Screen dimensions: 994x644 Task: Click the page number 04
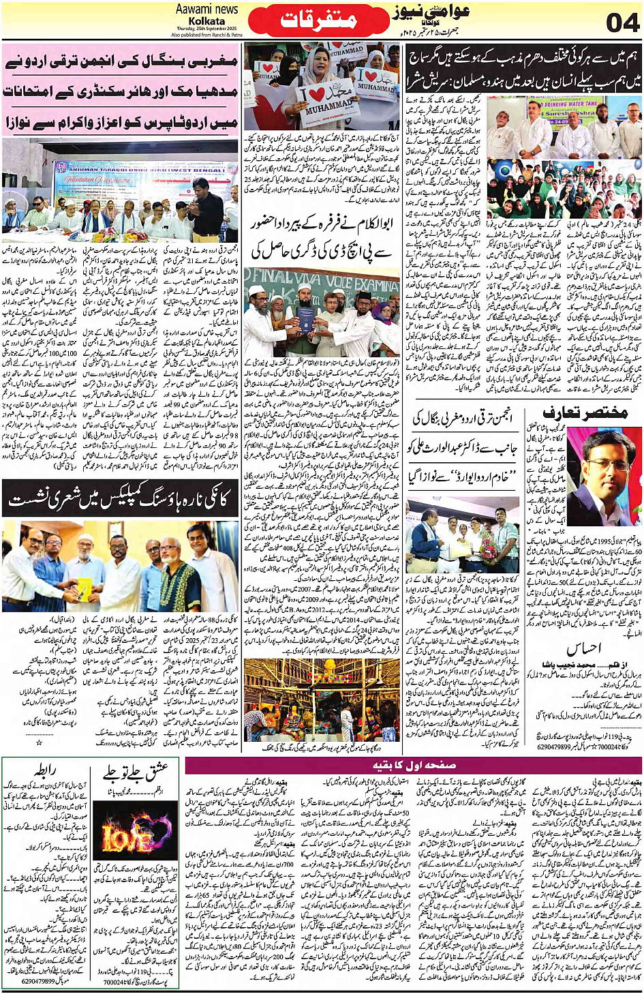[622, 22]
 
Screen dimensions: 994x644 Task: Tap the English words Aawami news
[206, 10]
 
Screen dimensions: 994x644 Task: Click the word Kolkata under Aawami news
[206, 20]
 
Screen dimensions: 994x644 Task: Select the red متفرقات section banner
[319, 20]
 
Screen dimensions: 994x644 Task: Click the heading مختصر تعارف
[584, 412]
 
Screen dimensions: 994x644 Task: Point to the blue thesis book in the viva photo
[305, 318]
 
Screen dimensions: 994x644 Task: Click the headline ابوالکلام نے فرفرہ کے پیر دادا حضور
[322, 238]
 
